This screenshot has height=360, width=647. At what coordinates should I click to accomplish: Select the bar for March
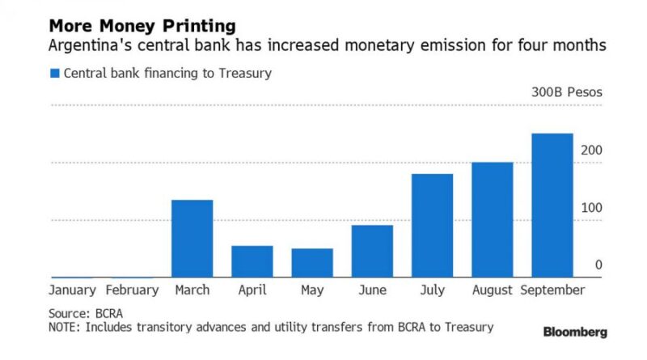[192, 239]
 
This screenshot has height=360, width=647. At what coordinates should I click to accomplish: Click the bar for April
[252, 261]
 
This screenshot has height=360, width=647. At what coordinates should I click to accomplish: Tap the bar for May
[312, 263]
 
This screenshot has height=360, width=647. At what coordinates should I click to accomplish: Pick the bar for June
[372, 251]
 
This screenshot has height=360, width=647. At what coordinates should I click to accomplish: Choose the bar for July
[432, 226]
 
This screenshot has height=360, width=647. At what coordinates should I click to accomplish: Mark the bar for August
[492, 220]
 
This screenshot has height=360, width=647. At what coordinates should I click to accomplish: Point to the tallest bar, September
[552, 205]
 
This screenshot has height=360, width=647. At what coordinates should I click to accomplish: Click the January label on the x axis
[72, 290]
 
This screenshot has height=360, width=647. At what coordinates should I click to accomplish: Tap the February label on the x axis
[132, 290]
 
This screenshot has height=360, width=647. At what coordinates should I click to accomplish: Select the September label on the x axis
[552, 290]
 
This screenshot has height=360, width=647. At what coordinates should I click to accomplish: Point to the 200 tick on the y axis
[591, 150]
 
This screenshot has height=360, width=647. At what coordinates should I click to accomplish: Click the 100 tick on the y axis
[591, 208]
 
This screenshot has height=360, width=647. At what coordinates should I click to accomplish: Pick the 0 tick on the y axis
[598, 265]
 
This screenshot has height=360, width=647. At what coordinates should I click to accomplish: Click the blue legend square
[55, 74]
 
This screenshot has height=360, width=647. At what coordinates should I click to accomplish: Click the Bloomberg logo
[574, 332]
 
